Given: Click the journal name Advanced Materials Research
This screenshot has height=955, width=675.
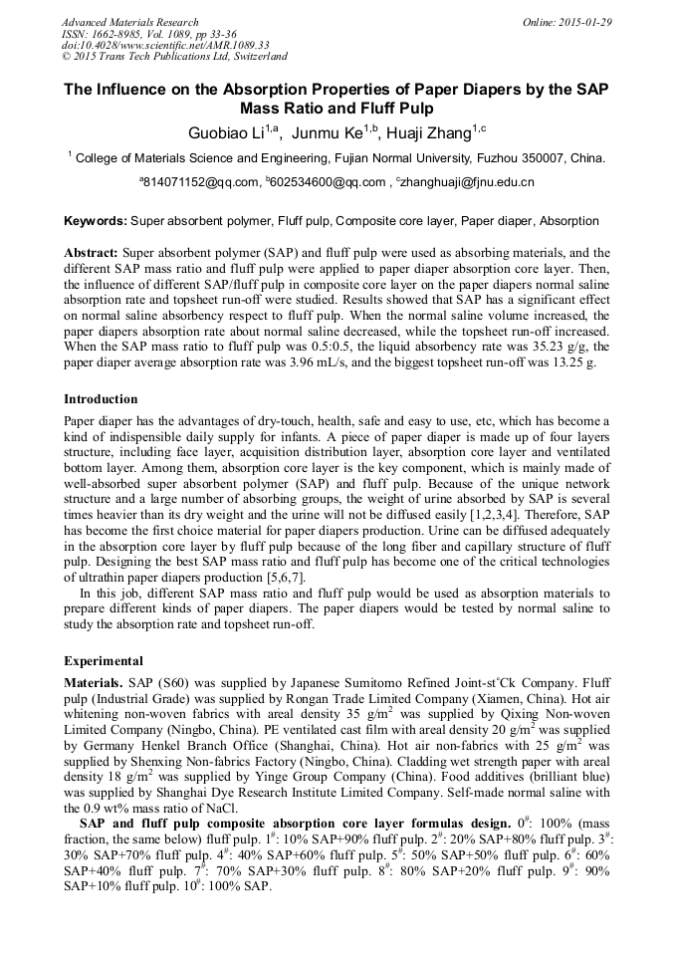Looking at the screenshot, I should pyautogui.click(x=129, y=22).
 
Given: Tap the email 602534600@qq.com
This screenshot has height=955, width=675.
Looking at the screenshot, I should pyautogui.click(x=327, y=182).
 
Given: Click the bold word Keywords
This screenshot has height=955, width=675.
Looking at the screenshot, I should pyautogui.click(x=96, y=221).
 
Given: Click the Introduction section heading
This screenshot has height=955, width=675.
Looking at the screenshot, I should pyautogui.click(x=101, y=398).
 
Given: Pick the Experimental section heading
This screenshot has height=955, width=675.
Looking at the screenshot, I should pyautogui.click(x=104, y=661).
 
